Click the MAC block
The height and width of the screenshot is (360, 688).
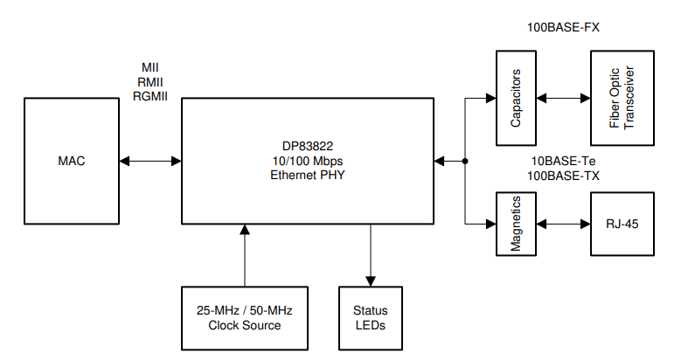(72, 161)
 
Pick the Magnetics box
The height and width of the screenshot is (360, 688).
(516, 224)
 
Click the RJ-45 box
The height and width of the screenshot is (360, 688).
(622, 224)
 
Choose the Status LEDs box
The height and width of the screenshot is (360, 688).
(370, 318)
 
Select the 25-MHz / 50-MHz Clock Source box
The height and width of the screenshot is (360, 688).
(244, 318)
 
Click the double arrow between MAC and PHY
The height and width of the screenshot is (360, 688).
(150, 161)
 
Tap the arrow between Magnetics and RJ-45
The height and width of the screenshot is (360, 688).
(564, 224)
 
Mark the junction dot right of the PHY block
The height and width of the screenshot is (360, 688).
(465, 161)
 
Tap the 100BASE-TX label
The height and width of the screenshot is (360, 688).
(563, 176)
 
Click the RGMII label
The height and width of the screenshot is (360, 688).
(149, 96)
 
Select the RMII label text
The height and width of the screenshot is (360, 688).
(149, 82)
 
